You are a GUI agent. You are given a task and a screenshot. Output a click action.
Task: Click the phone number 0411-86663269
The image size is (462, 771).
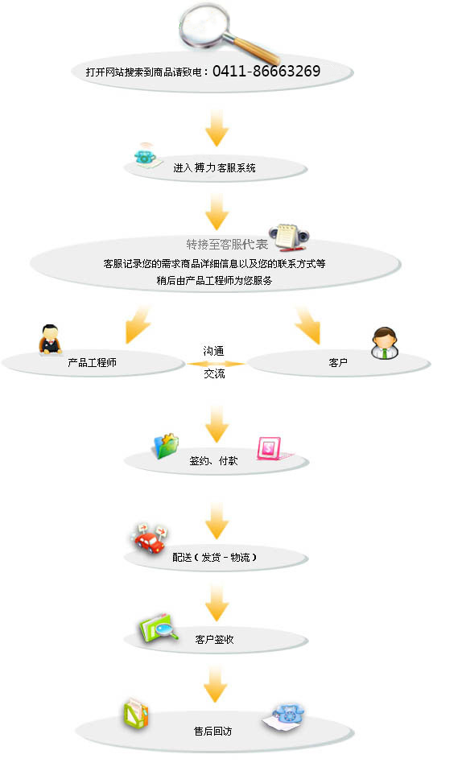266,72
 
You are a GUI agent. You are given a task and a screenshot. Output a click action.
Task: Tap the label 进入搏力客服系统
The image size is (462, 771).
214,167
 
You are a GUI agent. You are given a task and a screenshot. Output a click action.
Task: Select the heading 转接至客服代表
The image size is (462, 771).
227,245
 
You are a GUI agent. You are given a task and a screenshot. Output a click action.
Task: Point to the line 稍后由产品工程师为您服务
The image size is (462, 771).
214,280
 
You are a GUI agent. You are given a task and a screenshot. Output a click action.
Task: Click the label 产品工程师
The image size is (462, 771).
92,363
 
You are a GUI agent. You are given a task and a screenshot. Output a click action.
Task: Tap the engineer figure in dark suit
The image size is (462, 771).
50,339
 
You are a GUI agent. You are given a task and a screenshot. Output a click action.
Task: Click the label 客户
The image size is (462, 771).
338,363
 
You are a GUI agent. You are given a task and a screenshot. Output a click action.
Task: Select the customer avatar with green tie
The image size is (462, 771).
384,343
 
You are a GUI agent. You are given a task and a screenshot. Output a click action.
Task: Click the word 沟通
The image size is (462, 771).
213,351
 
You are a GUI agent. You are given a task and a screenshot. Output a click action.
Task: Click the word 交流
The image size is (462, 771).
214,373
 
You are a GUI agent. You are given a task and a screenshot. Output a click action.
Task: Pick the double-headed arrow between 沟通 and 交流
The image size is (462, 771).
216,364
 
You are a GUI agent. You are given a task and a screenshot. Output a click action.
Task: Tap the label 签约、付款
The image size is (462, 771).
213,460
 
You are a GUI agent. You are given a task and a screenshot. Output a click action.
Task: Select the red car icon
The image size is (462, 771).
148,538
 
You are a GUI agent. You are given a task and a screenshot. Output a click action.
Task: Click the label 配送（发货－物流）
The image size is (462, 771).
215,557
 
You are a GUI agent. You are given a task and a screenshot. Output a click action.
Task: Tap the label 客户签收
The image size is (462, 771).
214,639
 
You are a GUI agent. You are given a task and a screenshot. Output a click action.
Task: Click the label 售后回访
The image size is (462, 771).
213,732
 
